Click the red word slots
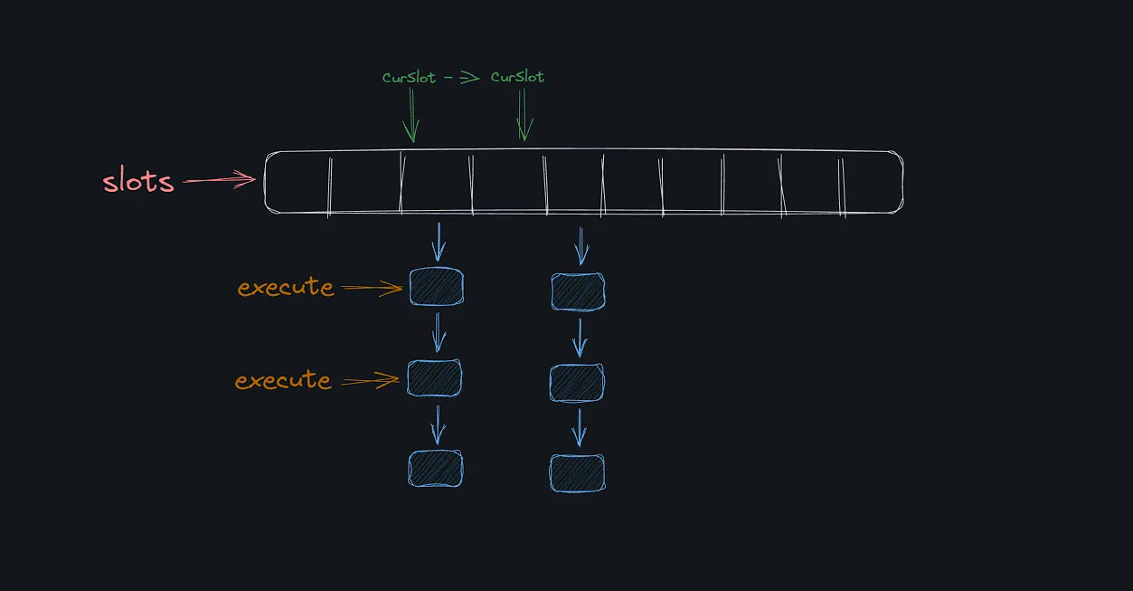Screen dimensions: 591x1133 coord(137,181)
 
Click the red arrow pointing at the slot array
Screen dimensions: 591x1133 coord(220,181)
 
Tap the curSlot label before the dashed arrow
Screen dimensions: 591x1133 coord(410,78)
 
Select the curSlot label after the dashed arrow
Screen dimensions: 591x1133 coord(517,78)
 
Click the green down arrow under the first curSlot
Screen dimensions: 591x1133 coord(411,118)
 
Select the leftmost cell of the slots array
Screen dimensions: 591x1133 coord(297,183)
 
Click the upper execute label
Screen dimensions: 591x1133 coord(286,288)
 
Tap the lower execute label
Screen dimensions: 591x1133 coord(283,380)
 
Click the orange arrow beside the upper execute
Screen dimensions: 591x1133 coord(372,289)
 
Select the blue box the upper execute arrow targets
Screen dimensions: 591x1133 coord(436,287)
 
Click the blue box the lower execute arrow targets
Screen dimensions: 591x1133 coord(434,378)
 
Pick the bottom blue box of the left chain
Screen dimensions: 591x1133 coord(435,469)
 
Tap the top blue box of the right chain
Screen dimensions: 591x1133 coord(578,291)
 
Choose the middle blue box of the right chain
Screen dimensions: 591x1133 coord(577,383)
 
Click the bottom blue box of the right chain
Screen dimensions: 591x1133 coord(577,473)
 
